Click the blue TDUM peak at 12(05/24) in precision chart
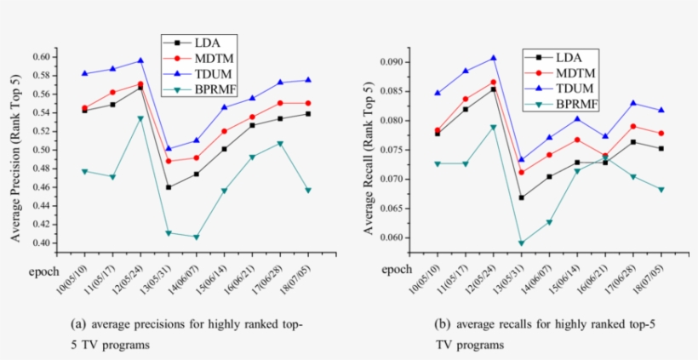coord(140,60)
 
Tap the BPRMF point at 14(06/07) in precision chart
coord(196,237)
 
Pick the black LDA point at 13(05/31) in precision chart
coord(169,187)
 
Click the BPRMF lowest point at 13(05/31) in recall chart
coord(521,243)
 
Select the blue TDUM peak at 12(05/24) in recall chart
coord(494,58)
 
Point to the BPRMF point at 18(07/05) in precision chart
coord(307,190)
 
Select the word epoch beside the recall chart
coord(397,269)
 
